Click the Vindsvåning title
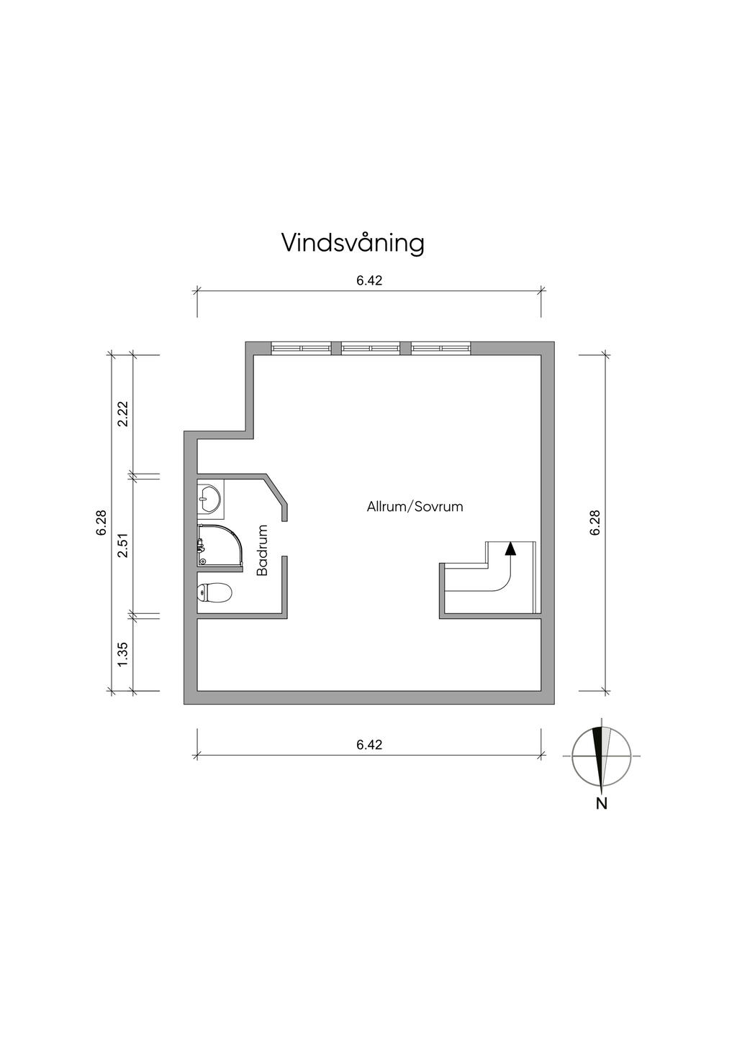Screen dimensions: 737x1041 tap(353, 244)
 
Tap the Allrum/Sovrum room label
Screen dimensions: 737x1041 tap(415, 507)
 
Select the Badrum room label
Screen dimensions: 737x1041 tap(263, 551)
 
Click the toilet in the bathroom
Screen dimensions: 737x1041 tap(214, 592)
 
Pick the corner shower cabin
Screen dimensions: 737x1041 tap(220, 547)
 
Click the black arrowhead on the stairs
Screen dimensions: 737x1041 tap(510, 549)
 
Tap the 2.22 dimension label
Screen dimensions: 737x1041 tap(123, 413)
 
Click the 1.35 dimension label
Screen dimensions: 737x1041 tap(123, 654)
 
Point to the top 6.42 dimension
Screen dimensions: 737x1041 tap(369, 280)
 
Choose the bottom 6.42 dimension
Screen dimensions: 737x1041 tap(369, 745)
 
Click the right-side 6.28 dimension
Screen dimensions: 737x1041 tap(594, 523)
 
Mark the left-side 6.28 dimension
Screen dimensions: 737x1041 tap(101, 523)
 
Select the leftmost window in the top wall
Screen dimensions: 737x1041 tap(301, 348)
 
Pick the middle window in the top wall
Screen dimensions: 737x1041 tap(371, 348)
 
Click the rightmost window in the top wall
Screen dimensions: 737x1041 tap(440, 348)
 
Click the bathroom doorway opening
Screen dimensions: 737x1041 tap(285, 538)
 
